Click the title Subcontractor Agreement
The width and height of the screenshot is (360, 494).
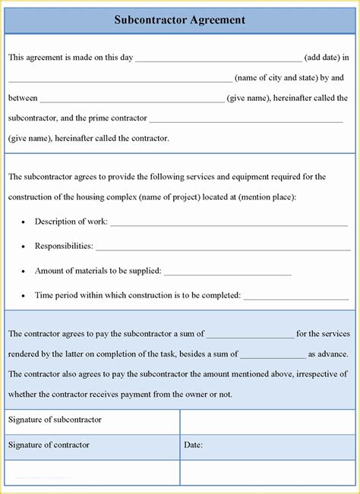click(180, 20)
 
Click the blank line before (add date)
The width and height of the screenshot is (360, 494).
click(218, 58)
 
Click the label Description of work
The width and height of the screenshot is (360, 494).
click(71, 222)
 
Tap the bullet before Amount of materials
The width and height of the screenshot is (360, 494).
click(24, 271)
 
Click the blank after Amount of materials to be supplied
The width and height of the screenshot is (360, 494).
click(227, 272)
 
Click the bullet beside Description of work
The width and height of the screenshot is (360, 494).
click(24, 222)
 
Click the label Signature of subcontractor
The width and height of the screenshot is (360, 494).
click(55, 420)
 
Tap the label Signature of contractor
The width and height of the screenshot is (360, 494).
click(49, 445)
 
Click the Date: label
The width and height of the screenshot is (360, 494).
click(193, 445)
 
